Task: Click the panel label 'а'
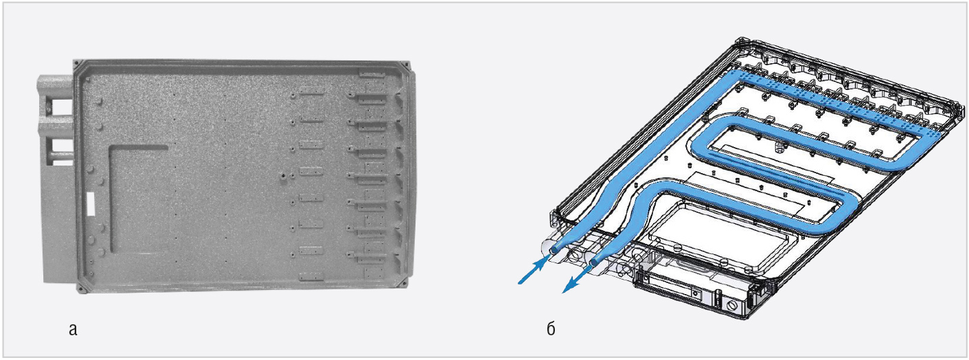point(73,330)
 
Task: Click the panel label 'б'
point(551,329)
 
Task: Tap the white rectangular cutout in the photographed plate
point(91,204)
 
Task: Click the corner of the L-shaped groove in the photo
point(113,149)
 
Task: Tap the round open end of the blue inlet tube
point(554,250)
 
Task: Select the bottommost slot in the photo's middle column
point(312,275)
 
